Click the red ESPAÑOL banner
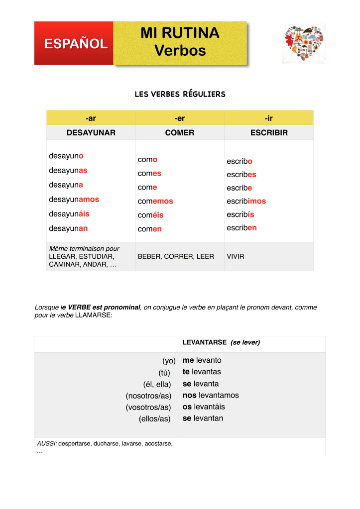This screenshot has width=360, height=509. tap(75, 43)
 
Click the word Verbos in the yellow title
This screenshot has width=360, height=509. tap(180, 50)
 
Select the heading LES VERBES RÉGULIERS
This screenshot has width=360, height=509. tap(180, 94)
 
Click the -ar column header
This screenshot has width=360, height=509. tap(91, 118)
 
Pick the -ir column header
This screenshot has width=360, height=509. tap(269, 118)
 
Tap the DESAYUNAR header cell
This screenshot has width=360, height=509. tap(91, 133)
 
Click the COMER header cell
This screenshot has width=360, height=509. tap(180, 133)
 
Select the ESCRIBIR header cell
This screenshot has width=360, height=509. tap(269, 133)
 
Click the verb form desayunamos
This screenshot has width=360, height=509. tap(74, 199)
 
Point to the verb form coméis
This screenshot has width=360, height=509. tap(150, 215)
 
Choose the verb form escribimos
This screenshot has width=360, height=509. tap(246, 201)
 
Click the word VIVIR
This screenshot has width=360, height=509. tap(236, 257)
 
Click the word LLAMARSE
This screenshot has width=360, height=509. tap(94, 315)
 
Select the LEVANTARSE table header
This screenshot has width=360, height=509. tap(204, 343)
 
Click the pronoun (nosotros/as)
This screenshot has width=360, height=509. tap(148, 396)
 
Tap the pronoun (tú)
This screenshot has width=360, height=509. tap(162, 372)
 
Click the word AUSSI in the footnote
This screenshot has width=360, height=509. tap(47, 443)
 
